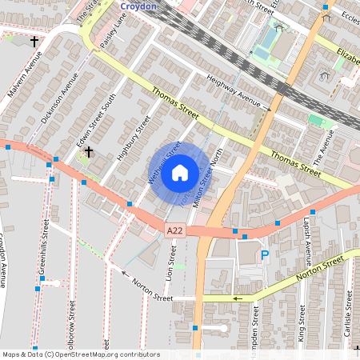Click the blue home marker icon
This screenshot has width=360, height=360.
click(x=180, y=172)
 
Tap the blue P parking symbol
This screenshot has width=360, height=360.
click(x=265, y=255)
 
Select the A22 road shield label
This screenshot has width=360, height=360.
click(x=175, y=230)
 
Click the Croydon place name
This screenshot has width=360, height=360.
click(x=139, y=5)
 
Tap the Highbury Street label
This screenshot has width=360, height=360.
click(x=134, y=137)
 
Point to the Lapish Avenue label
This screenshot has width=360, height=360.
click(x=307, y=238)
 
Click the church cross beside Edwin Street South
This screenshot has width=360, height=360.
click(x=88, y=150)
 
